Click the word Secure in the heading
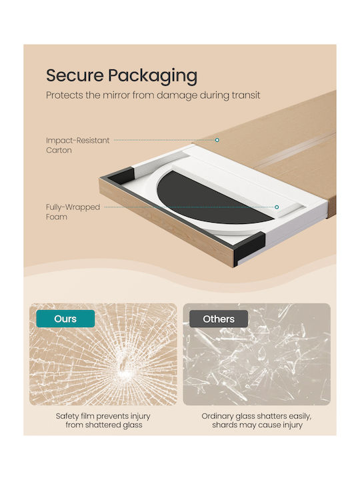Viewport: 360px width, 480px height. [x=75, y=75]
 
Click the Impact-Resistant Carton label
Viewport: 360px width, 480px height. [x=78, y=145]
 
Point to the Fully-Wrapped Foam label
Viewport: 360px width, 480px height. [x=73, y=212]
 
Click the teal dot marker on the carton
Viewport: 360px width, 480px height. [x=217, y=140]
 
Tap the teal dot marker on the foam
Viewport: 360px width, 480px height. [x=277, y=207]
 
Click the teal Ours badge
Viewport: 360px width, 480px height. [x=65, y=319]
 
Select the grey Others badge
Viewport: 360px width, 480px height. [x=219, y=319]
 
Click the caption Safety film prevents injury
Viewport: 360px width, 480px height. [x=103, y=416]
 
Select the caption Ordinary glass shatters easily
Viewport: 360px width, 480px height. [x=257, y=416]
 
